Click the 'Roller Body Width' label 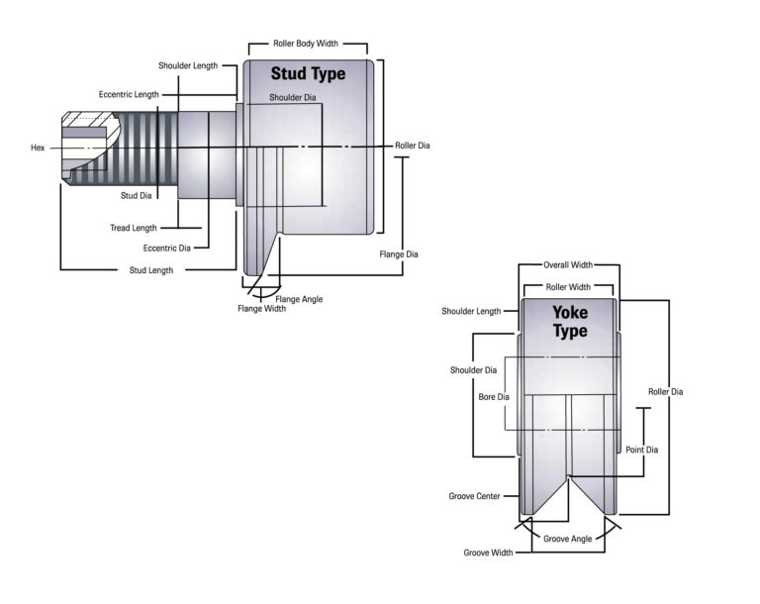click(x=306, y=44)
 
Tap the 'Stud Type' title click(x=309, y=73)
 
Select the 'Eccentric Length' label click(x=129, y=94)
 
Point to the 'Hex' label click(x=38, y=148)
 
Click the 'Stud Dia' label click(x=137, y=195)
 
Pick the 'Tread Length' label click(x=134, y=228)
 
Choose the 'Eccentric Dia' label click(x=166, y=248)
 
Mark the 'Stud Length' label click(x=151, y=270)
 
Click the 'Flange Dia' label click(x=399, y=254)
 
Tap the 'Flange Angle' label click(x=299, y=299)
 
